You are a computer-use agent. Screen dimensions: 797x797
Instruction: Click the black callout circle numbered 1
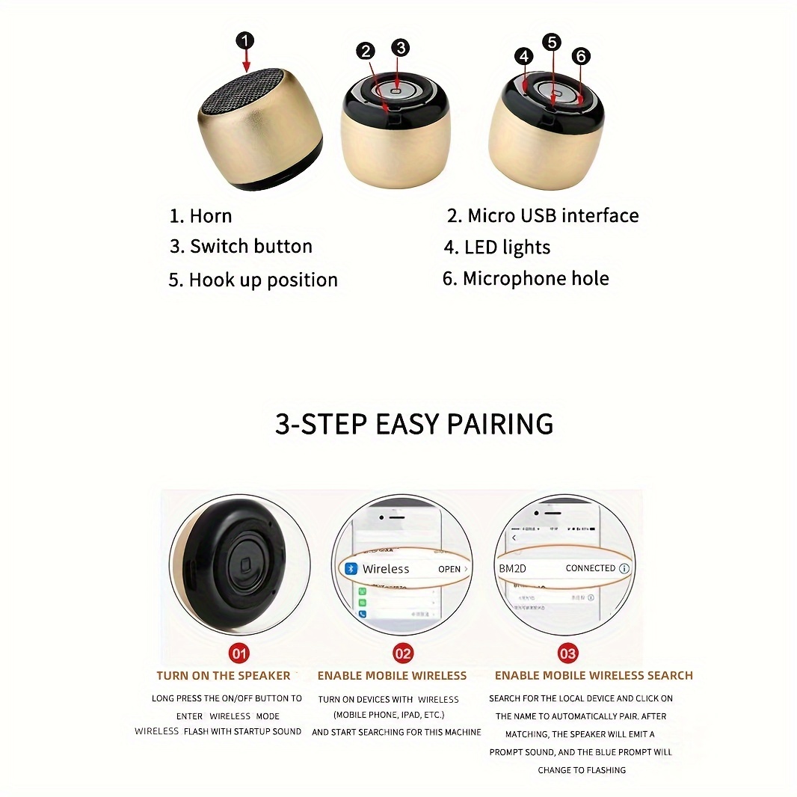(245, 40)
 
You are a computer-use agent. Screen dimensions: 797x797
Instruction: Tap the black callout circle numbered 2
(365, 51)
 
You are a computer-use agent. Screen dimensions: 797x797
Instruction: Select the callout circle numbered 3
(401, 48)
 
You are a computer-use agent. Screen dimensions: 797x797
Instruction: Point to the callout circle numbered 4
(523, 56)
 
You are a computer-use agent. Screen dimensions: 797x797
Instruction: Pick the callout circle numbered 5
(552, 42)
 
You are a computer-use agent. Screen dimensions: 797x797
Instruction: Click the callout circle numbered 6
(581, 56)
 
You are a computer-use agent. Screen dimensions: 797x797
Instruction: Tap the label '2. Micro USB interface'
(543, 216)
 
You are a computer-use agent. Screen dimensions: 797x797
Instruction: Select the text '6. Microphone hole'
(526, 279)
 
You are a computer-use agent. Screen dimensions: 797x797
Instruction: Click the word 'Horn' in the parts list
(210, 217)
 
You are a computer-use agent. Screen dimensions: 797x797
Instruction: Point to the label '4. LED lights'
(496, 247)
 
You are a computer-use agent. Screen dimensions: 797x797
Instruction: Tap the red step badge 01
(239, 653)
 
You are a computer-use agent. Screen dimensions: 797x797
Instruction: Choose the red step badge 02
(403, 653)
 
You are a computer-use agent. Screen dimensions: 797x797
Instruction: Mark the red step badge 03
(567, 653)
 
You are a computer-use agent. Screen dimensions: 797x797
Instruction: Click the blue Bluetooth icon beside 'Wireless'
(351, 569)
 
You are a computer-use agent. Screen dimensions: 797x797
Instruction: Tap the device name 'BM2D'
(512, 569)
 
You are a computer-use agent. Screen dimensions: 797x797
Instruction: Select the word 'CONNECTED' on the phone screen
(590, 568)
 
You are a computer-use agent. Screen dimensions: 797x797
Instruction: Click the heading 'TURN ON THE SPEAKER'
(223, 676)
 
